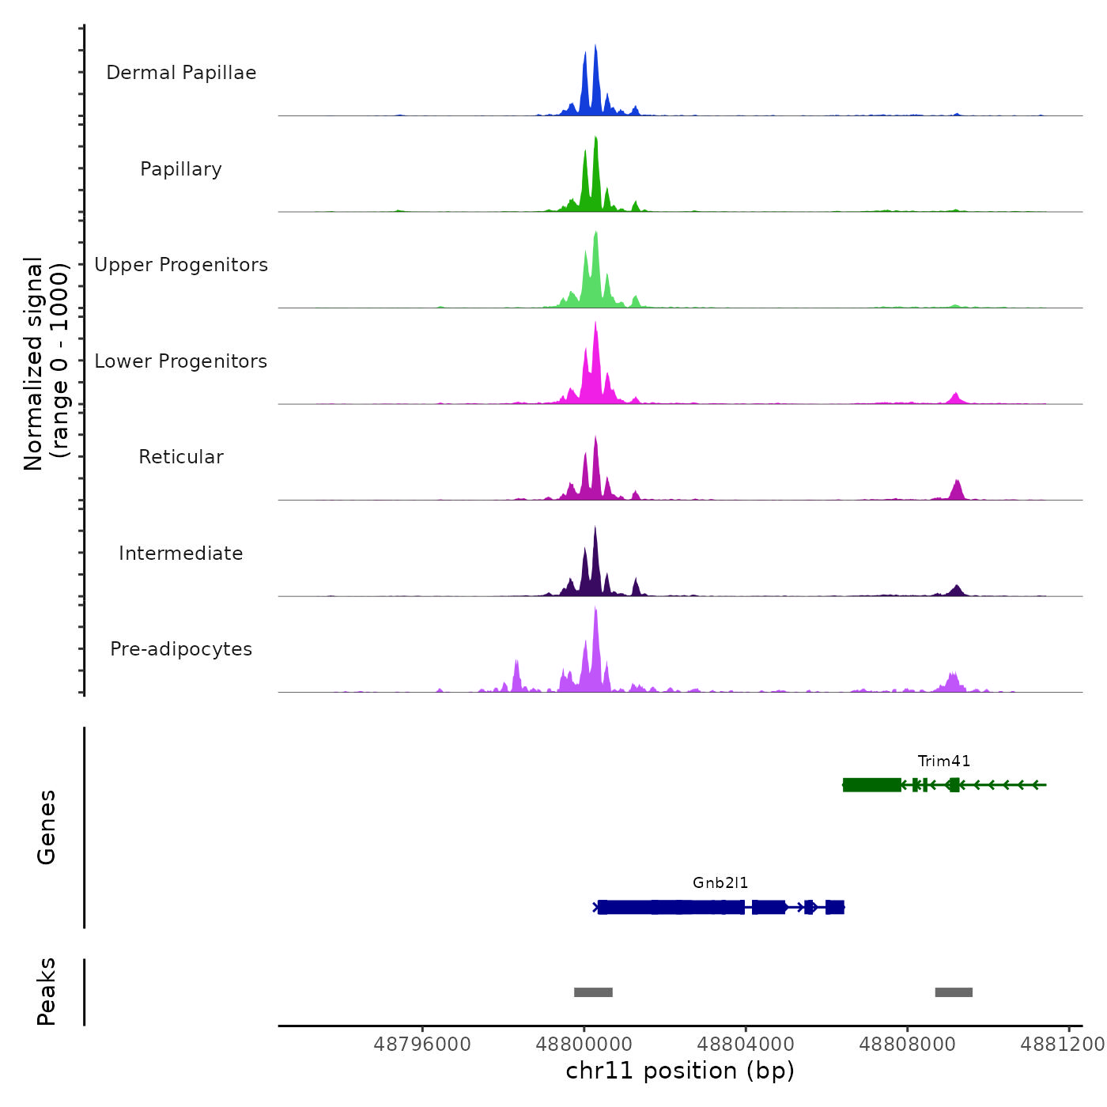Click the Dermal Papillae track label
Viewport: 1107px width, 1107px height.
pos(181,73)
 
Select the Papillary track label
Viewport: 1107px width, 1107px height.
pos(181,169)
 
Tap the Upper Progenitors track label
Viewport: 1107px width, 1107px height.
pos(181,265)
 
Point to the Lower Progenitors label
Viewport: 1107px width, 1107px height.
pos(181,361)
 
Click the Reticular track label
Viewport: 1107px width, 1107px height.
pos(181,457)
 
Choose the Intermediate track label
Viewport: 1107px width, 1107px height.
pos(181,553)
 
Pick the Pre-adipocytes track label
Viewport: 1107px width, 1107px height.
pos(181,649)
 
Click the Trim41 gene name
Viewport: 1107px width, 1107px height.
pos(944,761)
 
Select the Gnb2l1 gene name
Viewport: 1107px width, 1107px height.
pos(720,882)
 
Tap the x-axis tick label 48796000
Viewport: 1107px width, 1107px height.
pos(422,1045)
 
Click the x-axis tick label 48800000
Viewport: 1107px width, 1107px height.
pos(584,1045)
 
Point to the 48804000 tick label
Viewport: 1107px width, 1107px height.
pos(746,1045)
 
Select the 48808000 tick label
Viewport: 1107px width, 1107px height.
pos(908,1045)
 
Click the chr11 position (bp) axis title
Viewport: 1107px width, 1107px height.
pos(680,1071)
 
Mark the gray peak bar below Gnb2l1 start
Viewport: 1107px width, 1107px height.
pos(593,992)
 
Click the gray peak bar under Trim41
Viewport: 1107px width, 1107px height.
pos(954,992)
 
